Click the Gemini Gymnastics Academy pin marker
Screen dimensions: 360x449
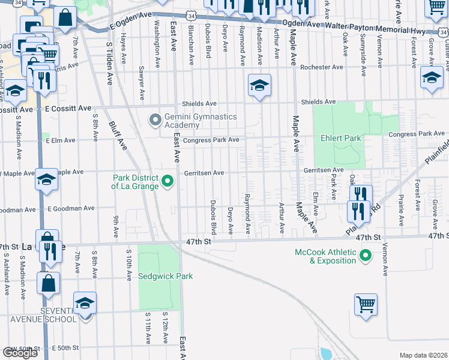coord(155,121)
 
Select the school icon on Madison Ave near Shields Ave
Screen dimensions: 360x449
coord(259,85)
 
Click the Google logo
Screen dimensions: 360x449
coord(20,353)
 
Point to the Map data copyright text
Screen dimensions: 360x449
coord(423,355)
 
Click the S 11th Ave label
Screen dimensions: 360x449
coord(147,328)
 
